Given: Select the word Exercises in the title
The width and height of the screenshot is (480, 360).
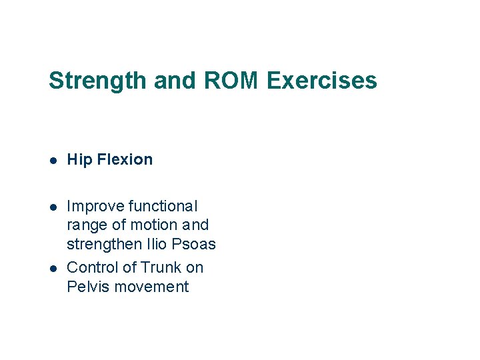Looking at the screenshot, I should (322, 81).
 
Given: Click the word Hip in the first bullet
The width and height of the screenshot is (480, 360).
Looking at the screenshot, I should (79, 159).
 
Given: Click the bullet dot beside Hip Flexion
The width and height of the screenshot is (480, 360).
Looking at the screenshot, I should (53, 160).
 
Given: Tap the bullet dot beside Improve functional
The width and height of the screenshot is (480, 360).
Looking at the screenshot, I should (53, 207).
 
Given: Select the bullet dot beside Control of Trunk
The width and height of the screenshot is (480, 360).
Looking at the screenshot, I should (53, 268).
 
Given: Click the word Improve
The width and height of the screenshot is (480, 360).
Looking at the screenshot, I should (95, 207).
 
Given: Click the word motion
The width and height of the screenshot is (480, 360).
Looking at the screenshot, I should (154, 225).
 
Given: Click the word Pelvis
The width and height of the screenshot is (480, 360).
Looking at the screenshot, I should (87, 287).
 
